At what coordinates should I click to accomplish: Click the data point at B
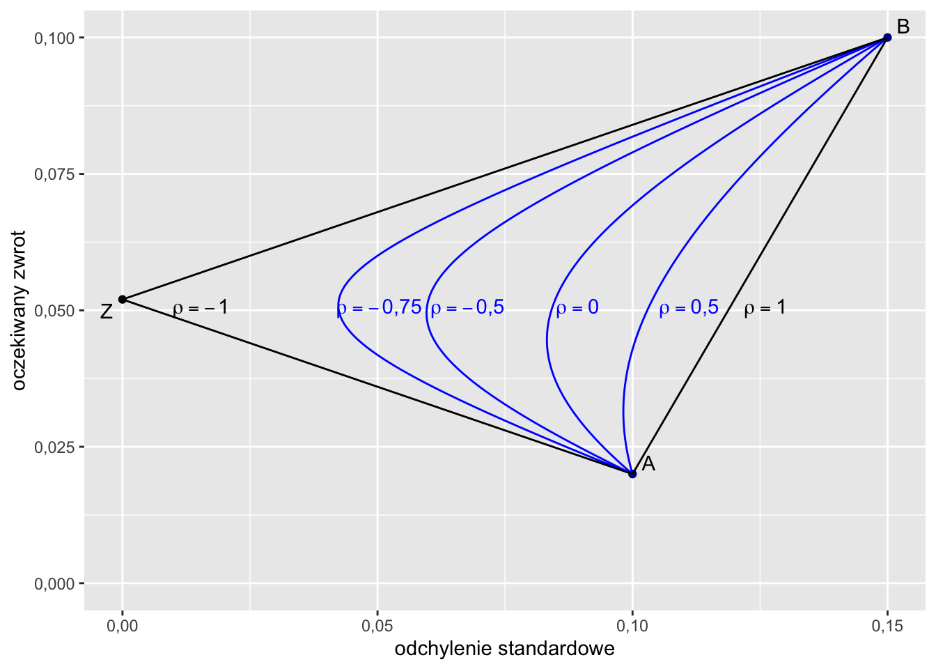(887, 38)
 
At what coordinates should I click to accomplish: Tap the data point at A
(632, 474)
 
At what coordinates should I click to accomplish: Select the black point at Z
(123, 299)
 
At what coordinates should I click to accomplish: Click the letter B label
(903, 27)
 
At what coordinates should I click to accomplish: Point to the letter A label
(648, 464)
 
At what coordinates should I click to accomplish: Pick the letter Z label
(106, 312)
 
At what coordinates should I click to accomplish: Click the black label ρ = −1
(201, 307)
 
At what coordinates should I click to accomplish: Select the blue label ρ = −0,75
(380, 307)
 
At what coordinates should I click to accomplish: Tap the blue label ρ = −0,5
(467, 307)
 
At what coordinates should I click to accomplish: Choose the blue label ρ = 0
(577, 307)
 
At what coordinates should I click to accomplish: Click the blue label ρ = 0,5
(689, 307)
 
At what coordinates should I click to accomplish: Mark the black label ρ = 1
(765, 307)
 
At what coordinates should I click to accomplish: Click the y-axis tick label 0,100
(54, 38)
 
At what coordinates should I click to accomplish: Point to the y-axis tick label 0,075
(54, 174)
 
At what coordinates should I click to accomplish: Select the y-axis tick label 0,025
(54, 447)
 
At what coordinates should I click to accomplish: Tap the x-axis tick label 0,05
(377, 626)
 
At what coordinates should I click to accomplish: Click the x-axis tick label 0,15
(887, 626)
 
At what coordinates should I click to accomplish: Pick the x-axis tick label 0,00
(123, 626)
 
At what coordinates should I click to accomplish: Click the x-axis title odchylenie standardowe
(504, 649)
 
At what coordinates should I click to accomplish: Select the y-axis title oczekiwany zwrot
(19, 311)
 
